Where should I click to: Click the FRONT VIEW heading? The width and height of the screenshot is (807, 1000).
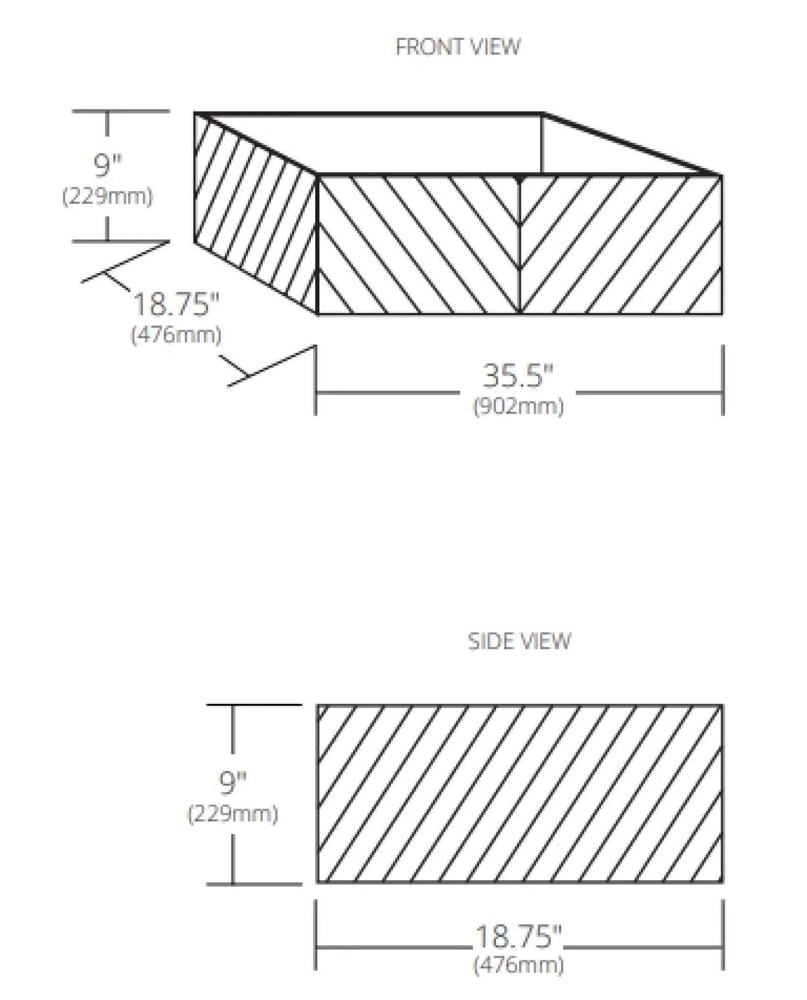click(x=458, y=47)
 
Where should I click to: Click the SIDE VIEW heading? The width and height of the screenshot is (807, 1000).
click(x=519, y=642)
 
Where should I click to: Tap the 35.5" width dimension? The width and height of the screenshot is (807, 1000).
click(x=517, y=376)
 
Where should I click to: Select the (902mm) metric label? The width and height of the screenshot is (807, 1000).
click(x=518, y=407)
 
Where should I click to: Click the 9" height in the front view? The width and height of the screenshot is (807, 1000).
click(x=108, y=165)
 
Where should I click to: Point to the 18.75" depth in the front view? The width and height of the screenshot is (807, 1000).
click(x=177, y=304)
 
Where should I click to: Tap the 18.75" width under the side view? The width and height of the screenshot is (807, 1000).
click(x=518, y=936)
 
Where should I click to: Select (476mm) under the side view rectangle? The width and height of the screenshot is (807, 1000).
click(x=518, y=965)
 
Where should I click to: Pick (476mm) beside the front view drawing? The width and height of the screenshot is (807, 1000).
click(x=176, y=335)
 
